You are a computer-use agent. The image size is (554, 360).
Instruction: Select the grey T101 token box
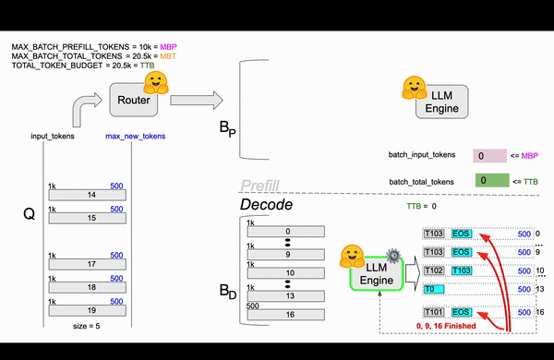pos(434,312)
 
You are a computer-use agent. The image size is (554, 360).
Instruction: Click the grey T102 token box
pos(434,270)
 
